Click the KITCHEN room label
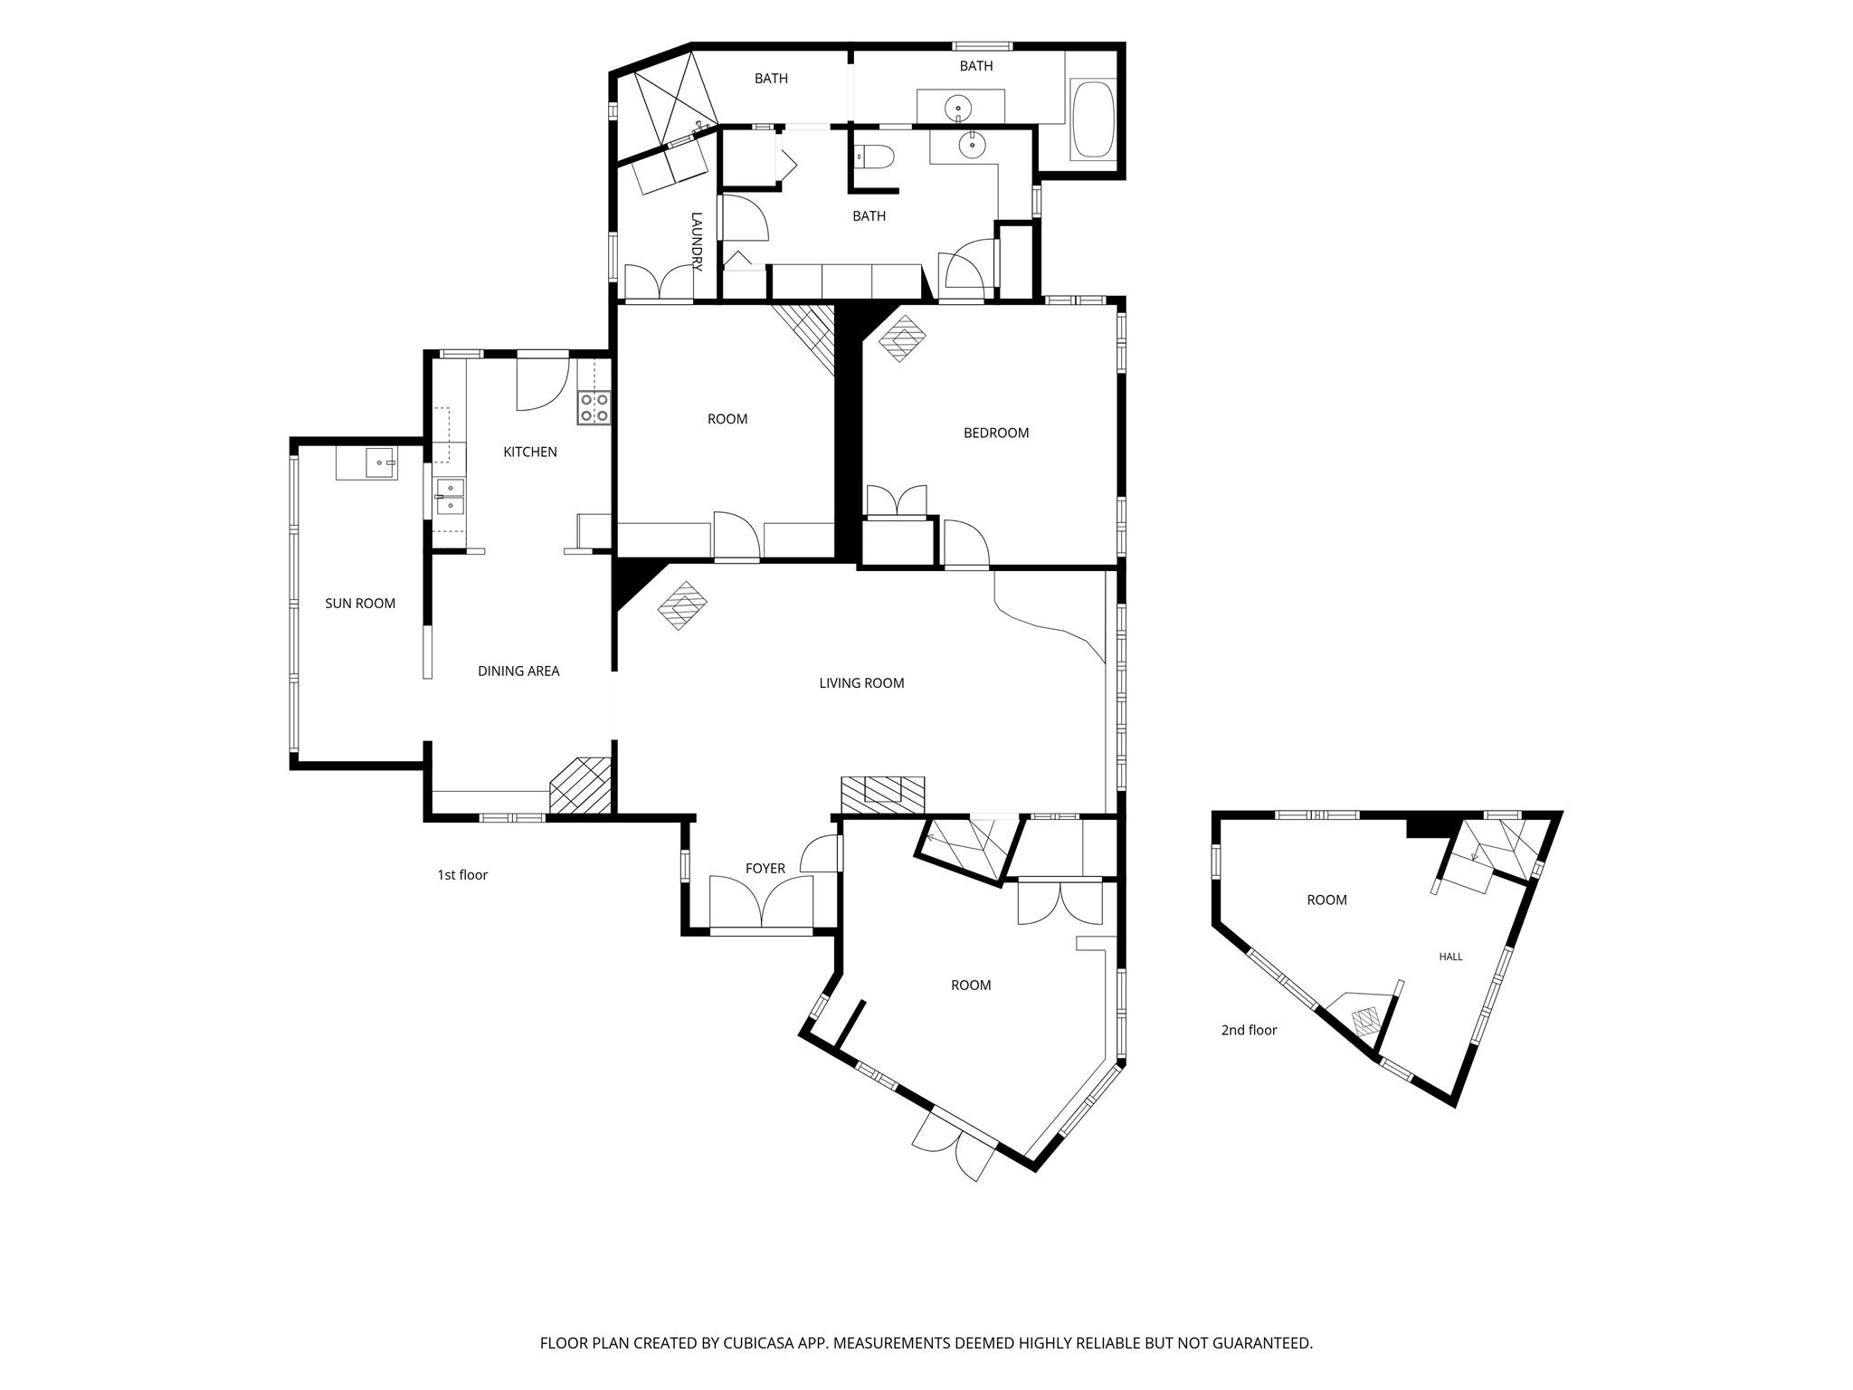click(x=530, y=452)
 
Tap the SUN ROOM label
click(x=360, y=604)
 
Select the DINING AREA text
click(x=518, y=671)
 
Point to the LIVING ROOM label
click(x=861, y=683)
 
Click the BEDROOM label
click(x=996, y=433)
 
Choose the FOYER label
click(x=765, y=869)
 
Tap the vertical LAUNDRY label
click(x=697, y=242)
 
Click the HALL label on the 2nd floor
click(x=1450, y=957)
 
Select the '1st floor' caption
click(x=462, y=875)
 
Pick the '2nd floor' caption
click(x=1249, y=1030)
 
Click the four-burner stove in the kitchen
click(x=594, y=408)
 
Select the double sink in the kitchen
click(x=450, y=497)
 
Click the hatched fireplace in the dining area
click(x=582, y=785)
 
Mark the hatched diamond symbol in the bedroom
click(x=903, y=338)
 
